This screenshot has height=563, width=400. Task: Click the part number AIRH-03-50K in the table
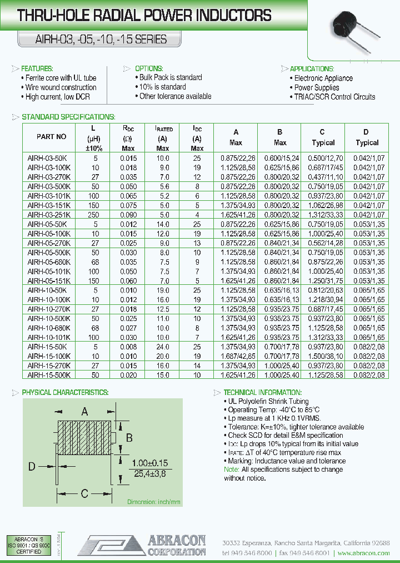point(47,158)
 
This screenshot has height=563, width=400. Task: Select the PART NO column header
point(51,136)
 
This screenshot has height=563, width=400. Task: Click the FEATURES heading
point(37,68)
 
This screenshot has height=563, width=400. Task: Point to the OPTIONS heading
point(148,68)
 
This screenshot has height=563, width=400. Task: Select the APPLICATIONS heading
point(312,68)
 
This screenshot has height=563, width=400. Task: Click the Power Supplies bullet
point(317,87)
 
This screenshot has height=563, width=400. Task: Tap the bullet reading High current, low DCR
point(57,97)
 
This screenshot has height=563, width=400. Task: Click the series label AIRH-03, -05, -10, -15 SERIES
point(93,40)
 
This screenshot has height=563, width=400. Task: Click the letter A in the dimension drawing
point(85,412)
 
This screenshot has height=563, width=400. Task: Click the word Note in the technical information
point(231,470)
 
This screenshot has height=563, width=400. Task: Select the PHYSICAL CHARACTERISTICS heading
point(65,392)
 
